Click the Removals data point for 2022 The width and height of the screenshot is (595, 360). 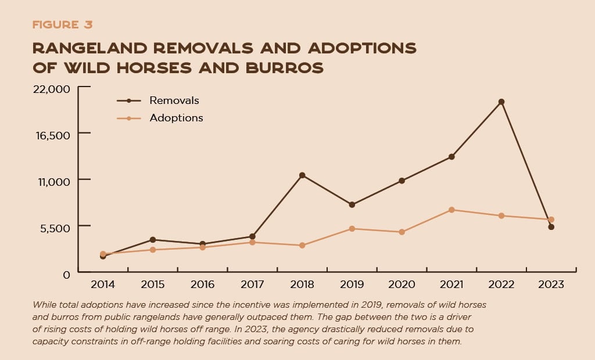coord(501,102)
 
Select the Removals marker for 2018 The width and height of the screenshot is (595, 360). coord(302,175)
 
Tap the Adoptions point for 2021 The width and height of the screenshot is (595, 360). coord(451,210)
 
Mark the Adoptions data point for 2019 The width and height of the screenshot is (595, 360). coord(352,229)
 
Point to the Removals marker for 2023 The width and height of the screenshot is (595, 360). coord(551,227)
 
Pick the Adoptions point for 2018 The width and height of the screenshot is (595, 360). coord(302,246)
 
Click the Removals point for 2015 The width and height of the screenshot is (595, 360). coord(153,239)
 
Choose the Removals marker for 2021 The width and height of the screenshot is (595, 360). coord(451,157)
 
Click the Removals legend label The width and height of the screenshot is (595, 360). coord(174,100)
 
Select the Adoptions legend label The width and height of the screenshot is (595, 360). coord(176,118)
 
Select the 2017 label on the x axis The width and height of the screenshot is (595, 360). coord(252,285)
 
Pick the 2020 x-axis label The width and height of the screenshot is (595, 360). coord(402,285)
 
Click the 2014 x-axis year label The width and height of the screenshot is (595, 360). coord(103,285)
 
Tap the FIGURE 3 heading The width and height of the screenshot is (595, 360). coord(62,25)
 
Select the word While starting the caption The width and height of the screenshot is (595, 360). coord(45,304)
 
